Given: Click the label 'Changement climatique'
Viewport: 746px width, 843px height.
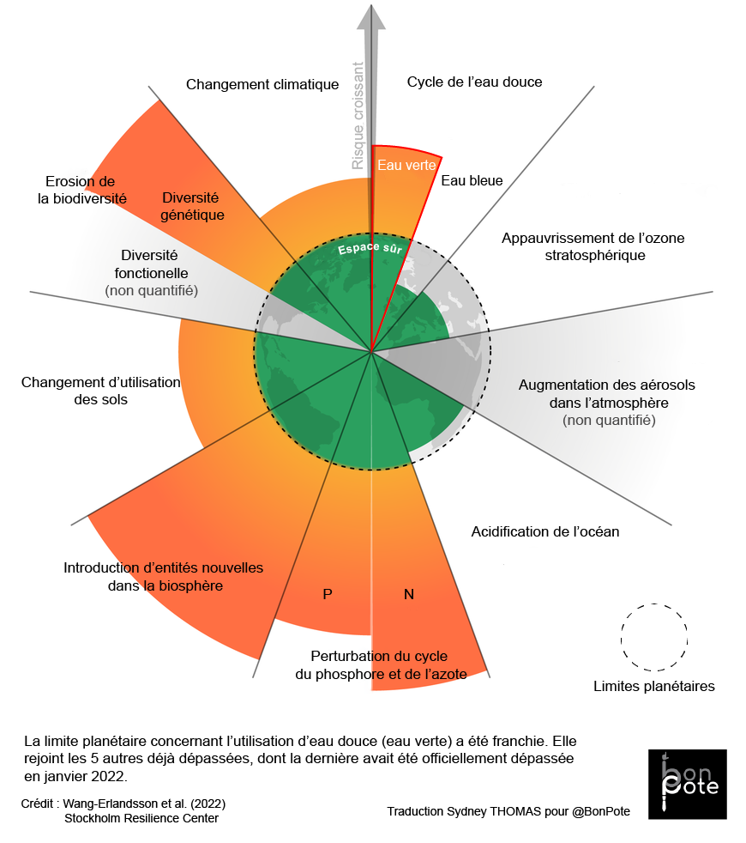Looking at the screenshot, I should point(262,84).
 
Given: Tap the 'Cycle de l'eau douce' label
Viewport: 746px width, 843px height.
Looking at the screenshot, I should point(474,82).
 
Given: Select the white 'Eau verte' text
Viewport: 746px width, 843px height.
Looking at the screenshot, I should point(407,165).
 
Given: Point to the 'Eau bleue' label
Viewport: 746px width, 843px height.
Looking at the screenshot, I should point(472,180).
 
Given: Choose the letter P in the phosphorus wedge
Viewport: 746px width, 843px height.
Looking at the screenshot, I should point(327,594).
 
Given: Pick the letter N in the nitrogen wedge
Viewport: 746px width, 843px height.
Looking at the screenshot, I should point(409,594).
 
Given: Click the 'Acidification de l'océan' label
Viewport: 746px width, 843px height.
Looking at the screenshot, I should point(544,531).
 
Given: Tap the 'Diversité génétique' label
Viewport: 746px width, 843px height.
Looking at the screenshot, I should point(192,206).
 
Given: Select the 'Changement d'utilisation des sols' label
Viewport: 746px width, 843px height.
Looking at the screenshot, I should point(101,391).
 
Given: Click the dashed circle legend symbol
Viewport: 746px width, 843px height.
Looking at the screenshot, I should point(654,636).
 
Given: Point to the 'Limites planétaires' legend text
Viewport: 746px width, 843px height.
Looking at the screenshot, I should point(653,686).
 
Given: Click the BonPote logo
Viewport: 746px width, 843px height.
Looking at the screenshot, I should point(687,784).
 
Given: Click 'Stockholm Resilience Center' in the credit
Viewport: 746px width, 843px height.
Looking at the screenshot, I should point(141,818).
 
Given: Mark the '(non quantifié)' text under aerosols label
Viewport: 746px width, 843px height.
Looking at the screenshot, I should point(609,420).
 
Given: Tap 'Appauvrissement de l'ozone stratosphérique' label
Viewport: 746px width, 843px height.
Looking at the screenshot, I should point(593,246).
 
